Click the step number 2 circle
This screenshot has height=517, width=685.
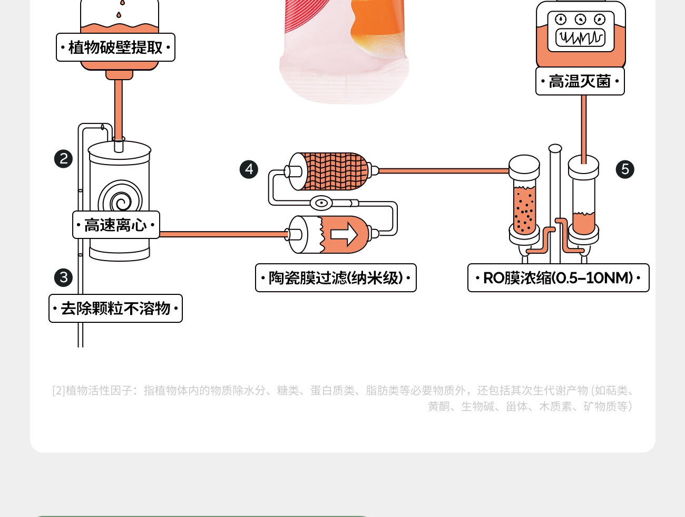coord(63,159)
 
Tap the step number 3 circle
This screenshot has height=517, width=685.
coord(63,277)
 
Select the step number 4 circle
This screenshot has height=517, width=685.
coord(249,169)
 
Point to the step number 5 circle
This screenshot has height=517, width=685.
coord(625,169)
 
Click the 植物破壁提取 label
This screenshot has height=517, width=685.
coord(115,47)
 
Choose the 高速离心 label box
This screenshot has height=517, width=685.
coord(116,225)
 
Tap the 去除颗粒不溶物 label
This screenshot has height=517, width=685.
coord(115,309)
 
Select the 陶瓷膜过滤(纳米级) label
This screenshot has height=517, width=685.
coord(336,278)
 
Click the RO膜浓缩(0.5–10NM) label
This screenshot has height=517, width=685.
coord(558,278)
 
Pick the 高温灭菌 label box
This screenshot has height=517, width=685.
coord(580,81)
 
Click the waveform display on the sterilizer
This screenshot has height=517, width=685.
coord(581,38)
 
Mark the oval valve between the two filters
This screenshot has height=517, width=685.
coord(321,203)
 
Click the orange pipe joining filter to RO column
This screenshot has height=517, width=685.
coord(443,171)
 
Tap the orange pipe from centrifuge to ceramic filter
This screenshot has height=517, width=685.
coord(224,234)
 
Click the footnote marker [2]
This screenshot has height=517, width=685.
coord(58,390)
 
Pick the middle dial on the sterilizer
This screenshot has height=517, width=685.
coord(580,20)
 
